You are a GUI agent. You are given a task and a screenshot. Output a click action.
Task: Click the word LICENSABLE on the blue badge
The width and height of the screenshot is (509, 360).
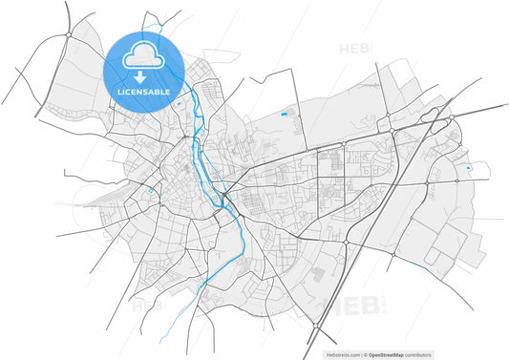(x=143, y=93)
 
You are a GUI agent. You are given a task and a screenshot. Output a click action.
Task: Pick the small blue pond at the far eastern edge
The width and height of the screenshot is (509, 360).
(x=468, y=169)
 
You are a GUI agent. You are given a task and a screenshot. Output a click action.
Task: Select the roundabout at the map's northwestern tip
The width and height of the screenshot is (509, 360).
(x=69, y=34)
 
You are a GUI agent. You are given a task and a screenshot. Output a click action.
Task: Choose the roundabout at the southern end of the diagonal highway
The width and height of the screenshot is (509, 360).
(x=313, y=328)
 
